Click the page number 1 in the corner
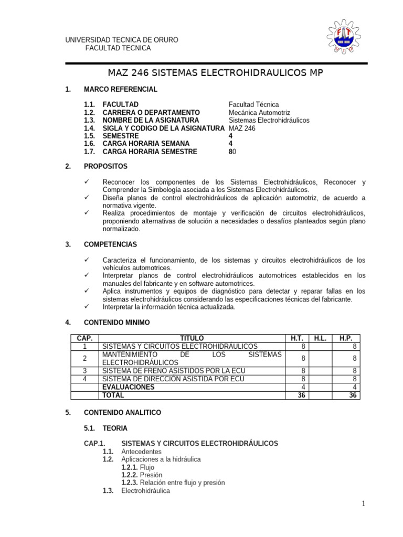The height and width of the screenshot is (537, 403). [363, 504]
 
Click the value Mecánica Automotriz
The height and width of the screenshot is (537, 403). [259, 113]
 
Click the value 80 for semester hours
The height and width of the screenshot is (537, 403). [232, 152]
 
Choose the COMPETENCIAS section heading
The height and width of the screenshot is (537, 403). [110, 244]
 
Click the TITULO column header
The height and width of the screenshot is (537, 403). [192, 339]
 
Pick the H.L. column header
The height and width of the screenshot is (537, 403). [320, 339]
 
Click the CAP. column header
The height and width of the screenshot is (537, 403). [84, 339]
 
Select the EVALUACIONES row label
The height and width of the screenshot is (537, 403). [129, 388]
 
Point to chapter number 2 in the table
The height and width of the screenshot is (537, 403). [84, 358]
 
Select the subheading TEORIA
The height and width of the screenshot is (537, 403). [115, 428]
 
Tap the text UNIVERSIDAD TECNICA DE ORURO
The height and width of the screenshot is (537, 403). [121, 40]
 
